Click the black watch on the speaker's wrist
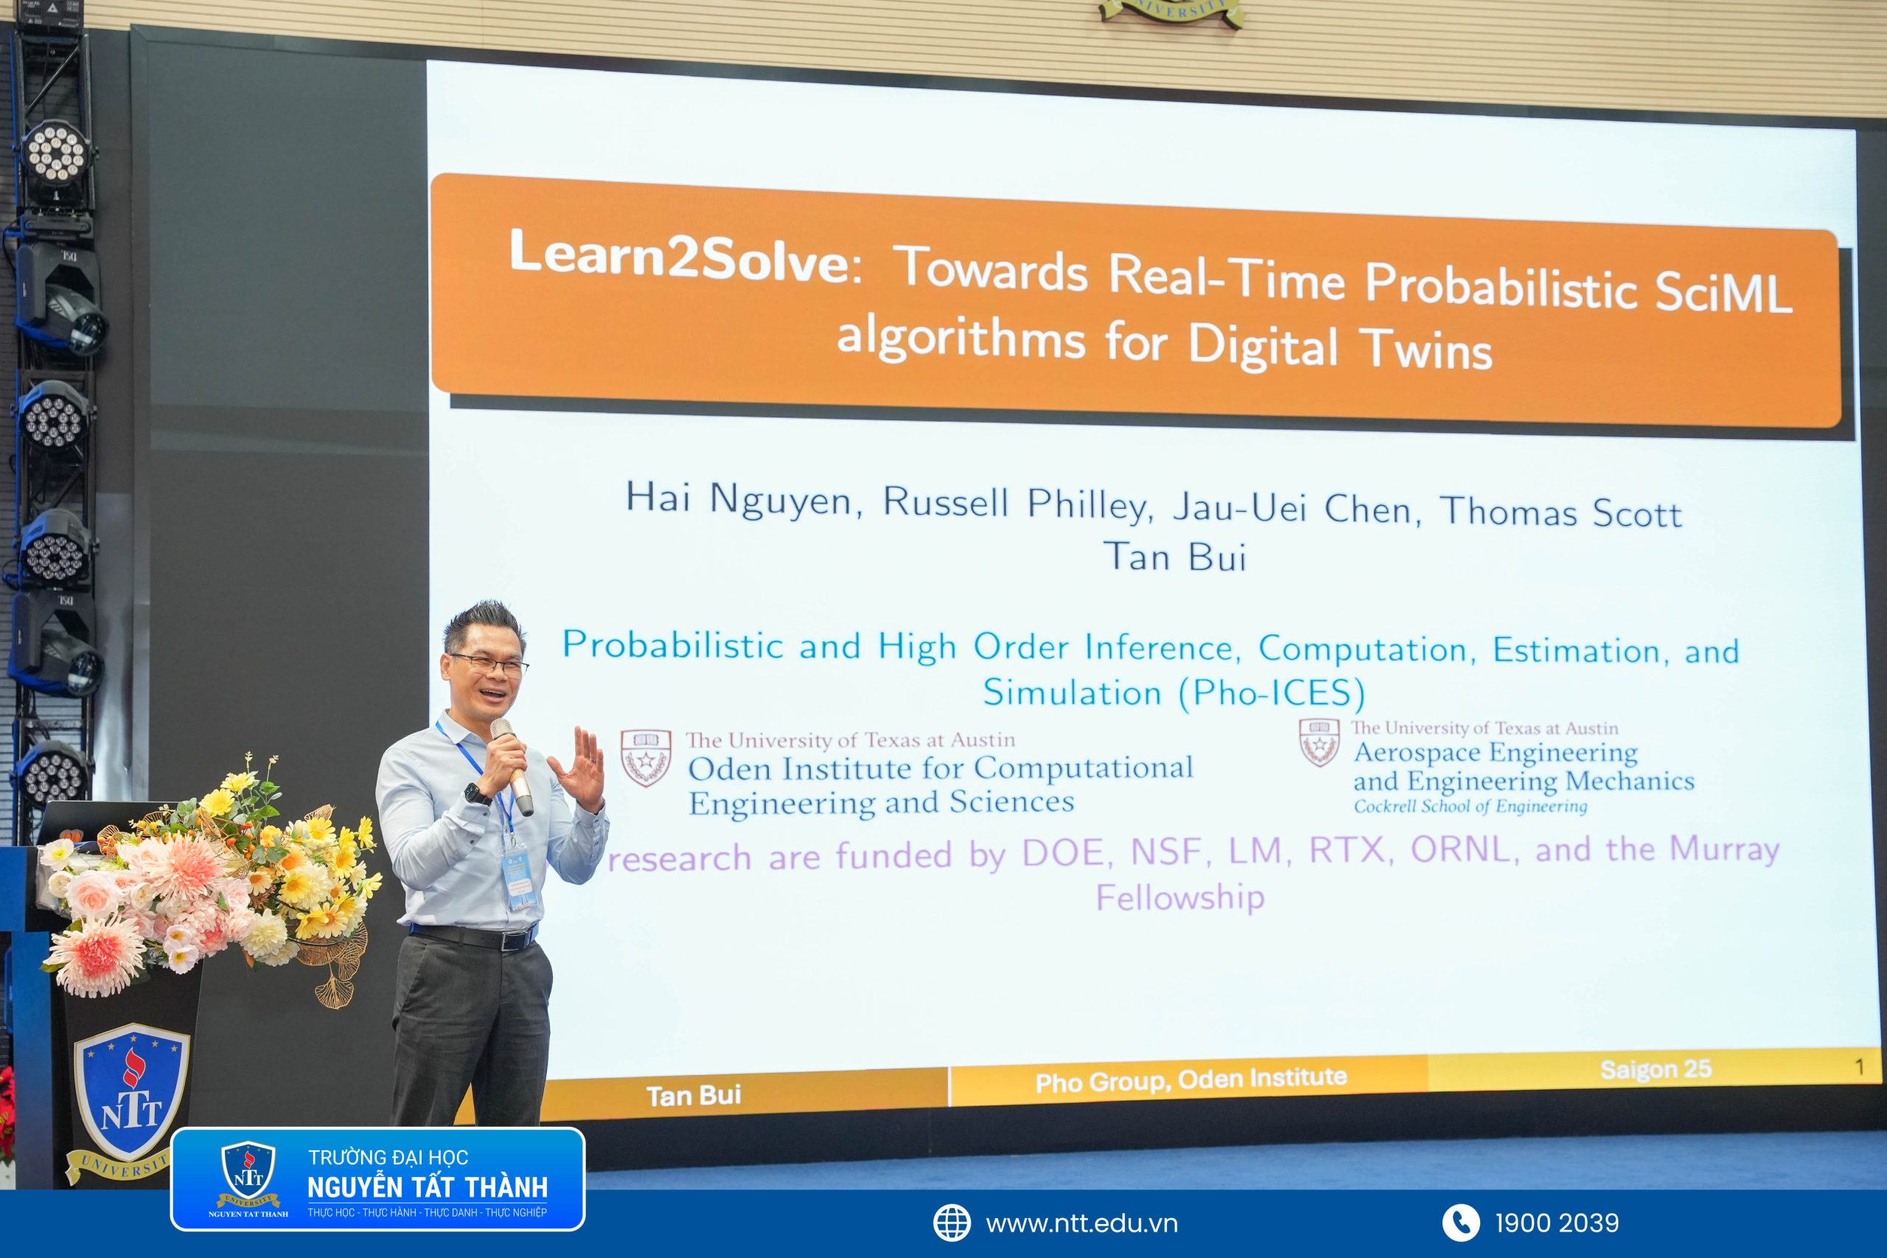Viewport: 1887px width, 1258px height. (477, 793)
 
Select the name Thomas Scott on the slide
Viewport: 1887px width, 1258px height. (1560, 512)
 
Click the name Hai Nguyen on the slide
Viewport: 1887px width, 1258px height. (739, 499)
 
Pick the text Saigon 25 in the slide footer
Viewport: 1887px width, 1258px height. (1656, 1069)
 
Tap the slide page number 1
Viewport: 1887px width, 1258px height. (1859, 1067)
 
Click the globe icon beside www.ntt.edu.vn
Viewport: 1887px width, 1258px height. (952, 1223)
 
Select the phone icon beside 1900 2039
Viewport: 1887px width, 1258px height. (1460, 1223)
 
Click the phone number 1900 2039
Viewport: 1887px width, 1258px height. (1557, 1223)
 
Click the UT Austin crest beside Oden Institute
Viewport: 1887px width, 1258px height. (646, 757)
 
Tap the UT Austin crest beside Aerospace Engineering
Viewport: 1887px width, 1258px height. (1319, 742)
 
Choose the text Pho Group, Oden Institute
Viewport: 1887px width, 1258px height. (1191, 1080)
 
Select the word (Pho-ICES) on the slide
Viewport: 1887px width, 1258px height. (1271, 693)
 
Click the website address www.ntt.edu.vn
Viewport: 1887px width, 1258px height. (1082, 1224)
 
